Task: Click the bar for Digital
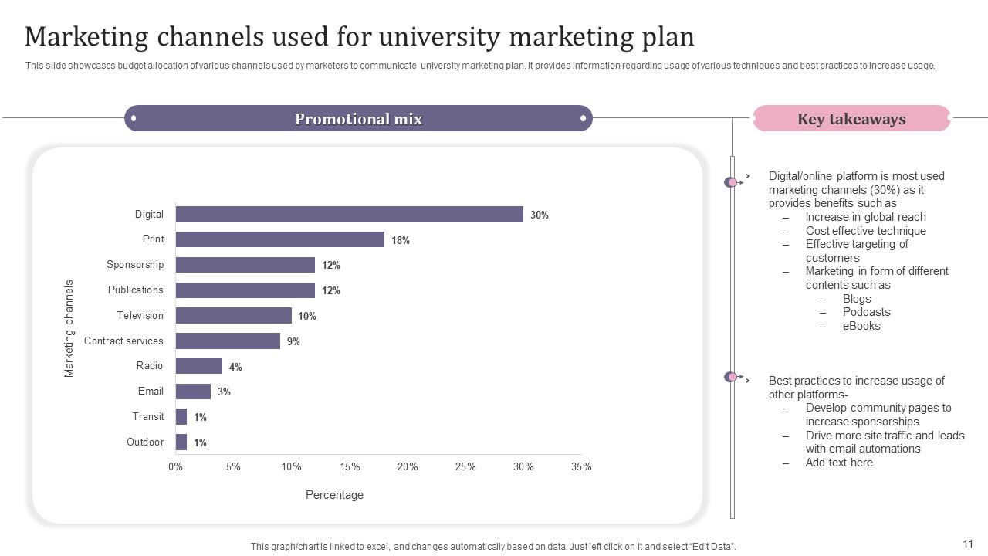[349, 215]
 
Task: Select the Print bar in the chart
[279, 239]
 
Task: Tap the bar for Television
[233, 316]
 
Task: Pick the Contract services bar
[228, 341]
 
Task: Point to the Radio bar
[198, 366]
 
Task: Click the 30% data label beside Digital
[540, 215]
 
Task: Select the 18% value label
[400, 240]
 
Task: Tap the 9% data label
[293, 341]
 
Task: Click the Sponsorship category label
[135, 265]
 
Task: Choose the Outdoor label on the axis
[145, 442]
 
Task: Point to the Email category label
[151, 392]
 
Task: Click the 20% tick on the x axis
[408, 467]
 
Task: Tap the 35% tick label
[581, 467]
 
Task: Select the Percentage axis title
[334, 495]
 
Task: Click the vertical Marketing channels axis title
[69, 328]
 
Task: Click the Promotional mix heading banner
[358, 119]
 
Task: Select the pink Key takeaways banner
[851, 119]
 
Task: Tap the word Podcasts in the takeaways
[866, 312]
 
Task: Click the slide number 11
[968, 544]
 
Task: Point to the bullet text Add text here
[839, 463]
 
